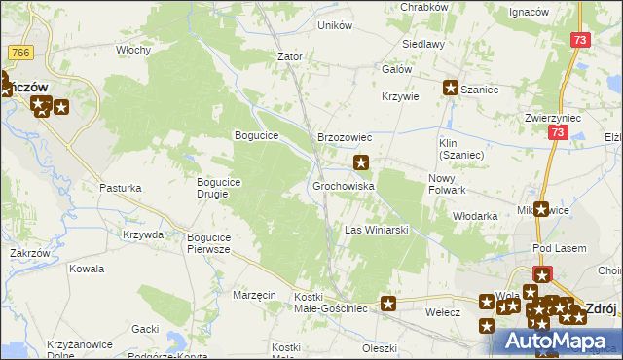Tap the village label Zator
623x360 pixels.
290,56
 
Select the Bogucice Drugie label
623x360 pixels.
226,187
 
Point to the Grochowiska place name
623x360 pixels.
344,185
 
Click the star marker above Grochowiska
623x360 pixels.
362,162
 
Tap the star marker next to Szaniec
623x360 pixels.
451,89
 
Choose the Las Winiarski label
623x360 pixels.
376,230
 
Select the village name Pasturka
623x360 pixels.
121,188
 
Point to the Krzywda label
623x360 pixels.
143,234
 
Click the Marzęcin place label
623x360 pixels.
255,294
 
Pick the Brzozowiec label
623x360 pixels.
344,137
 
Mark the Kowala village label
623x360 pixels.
87,269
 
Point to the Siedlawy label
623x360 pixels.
424,44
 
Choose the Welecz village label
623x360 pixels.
443,313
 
